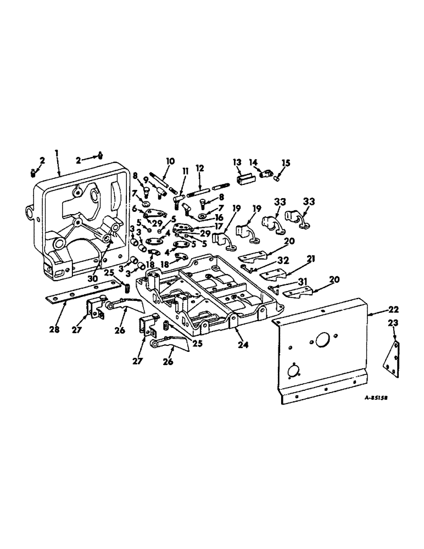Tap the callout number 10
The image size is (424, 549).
pos(170,161)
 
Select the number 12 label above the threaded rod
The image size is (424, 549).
pos(199,167)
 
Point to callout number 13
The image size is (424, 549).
pos(237,163)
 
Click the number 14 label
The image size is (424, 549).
pos(254,163)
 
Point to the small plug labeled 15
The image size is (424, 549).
pos(278,177)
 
